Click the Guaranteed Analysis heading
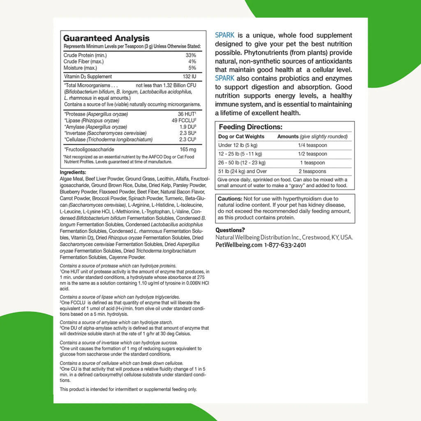coord(106,38)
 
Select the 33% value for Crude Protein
coord(191,55)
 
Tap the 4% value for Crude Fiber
coord(192,61)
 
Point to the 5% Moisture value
coord(192,68)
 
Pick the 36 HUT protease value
coord(186,114)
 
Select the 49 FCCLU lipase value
coord(183,120)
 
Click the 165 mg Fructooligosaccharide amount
coord(187,149)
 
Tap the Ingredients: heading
coord(73,172)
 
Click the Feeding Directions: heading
coord(250,127)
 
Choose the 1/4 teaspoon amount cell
coord(312,145)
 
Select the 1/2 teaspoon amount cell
coord(312,154)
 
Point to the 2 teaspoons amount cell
coord(312,171)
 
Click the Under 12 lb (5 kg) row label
coord(238,145)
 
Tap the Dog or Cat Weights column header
coord(241,136)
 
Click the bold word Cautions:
coord(230,199)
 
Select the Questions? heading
coord(230,230)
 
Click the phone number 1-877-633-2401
coord(285,245)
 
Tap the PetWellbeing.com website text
coord(238,245)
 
